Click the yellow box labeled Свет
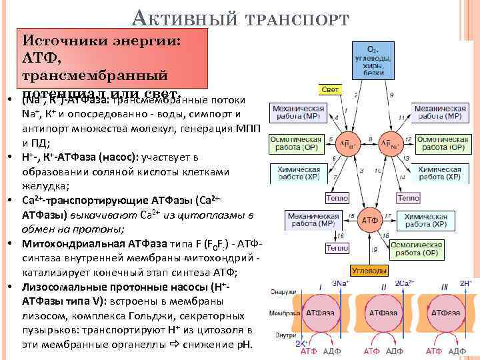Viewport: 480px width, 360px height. (330, 89)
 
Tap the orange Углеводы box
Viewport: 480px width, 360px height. (369, 270)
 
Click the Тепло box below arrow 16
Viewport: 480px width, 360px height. (337, 248)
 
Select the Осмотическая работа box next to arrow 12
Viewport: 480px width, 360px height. (438, 143)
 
